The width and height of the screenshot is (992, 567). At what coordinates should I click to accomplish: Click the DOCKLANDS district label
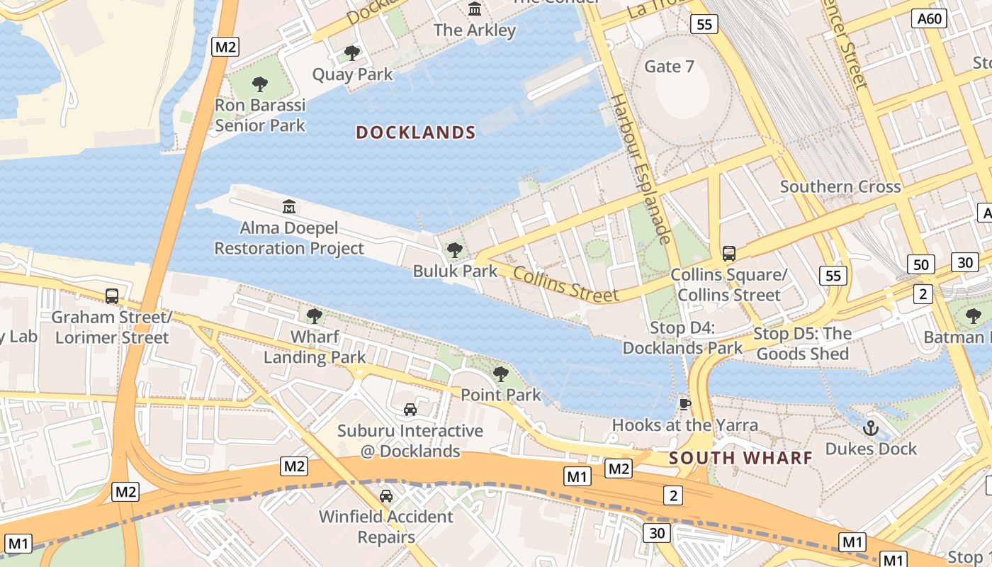pyautogui.click(x=415, y=133)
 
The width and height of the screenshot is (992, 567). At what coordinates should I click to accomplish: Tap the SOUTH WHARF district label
pyautogui.click(x=740, y=458)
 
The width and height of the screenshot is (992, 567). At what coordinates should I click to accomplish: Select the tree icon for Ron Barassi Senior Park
pyautogui.click(x=260, y=84)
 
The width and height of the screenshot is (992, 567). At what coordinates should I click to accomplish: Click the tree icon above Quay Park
pyautogui.click(x=351, y=52)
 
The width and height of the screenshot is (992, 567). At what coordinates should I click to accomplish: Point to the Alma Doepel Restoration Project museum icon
pyautogui.click(x=289, y=207)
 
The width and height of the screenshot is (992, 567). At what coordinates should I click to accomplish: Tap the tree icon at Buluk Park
pyautogui.click(x=455, y=249)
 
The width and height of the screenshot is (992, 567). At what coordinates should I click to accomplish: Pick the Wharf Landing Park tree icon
pyautogui.click(x=315, y=315)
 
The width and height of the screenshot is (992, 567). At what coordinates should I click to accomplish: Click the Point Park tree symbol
pyautogui.click(x=501, y=374)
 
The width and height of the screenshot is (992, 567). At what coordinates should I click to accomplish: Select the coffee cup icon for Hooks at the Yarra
pyautogui.click(x=684, y=404)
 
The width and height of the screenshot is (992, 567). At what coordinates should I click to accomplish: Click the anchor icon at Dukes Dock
pyautogui.click(x=870, y=427)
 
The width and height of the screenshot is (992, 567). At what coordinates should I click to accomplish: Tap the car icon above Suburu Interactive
pyautogui.click(x=410, y=409)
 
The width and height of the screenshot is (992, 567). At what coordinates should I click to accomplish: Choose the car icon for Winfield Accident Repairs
pyautogui.click(x=386, y=495)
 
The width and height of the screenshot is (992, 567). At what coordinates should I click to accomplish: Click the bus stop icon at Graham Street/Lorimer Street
pyautogui.click(x=112, y=296)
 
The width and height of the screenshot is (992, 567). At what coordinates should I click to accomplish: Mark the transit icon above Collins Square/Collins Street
pyautogui.click(x=728, y=253)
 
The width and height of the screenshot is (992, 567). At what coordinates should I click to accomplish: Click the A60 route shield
pyautogui.click(x=930, y=18)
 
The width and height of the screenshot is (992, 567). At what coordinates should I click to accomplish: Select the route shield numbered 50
pyautogui.click(x=920, y=265)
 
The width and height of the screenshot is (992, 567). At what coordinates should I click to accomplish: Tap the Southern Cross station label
pyautogui.click(x=840, y=187)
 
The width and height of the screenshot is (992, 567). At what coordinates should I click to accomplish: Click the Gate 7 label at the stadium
pyautogui.click(x=669, y=67)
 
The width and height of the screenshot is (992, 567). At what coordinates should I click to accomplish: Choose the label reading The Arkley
pyautogui.click(x=475, y=30)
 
